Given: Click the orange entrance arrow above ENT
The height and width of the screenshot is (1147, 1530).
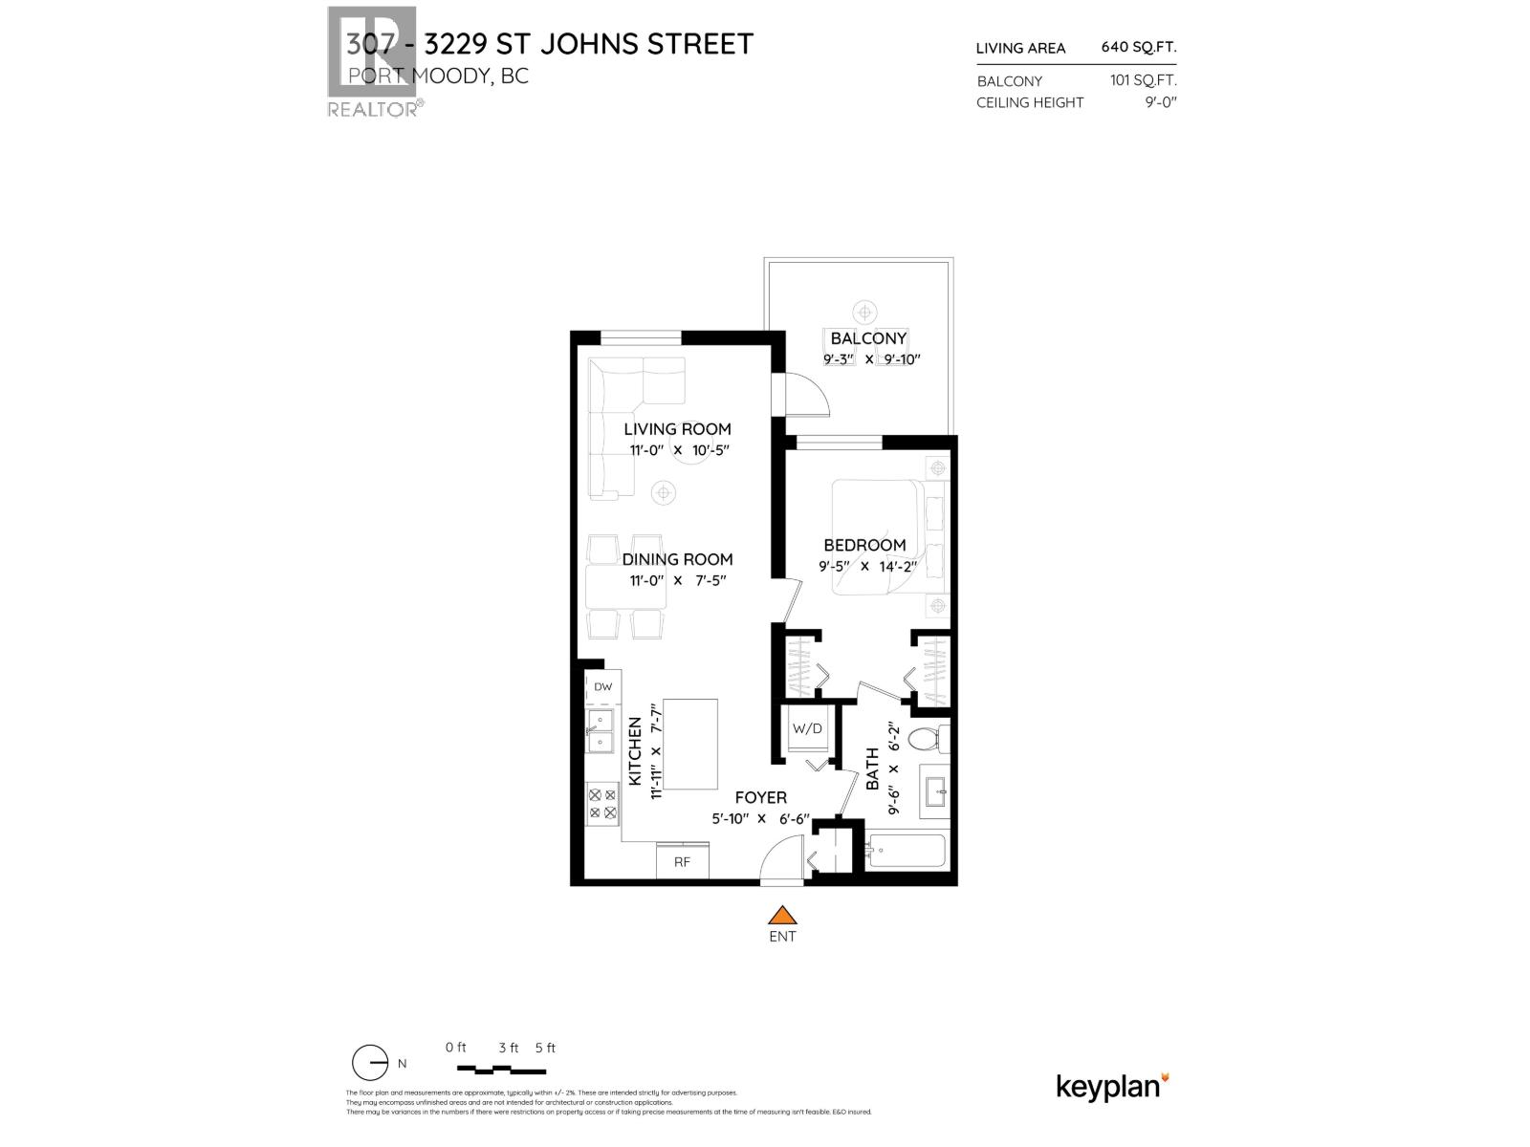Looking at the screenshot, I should click(782, 916).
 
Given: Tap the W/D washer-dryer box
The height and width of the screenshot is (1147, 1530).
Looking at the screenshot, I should click(806, 728).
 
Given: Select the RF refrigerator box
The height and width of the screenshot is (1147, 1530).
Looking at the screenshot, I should click(682, 861).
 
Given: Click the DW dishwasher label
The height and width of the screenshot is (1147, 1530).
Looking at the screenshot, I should click(602, 686).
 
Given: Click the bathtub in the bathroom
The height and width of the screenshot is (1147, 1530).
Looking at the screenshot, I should click(906, 850).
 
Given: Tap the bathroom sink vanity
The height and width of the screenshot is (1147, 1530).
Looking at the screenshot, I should click(934, 791).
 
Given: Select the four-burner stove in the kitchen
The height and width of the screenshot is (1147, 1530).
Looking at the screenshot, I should click(601, 803).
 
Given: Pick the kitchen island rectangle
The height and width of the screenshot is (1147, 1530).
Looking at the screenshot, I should click(690, 744).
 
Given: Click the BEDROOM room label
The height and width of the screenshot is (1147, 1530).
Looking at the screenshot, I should click(864, 545).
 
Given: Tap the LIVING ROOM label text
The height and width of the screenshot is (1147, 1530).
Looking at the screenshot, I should click(677, 429).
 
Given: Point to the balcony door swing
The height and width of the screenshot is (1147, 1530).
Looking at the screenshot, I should click(809, 394).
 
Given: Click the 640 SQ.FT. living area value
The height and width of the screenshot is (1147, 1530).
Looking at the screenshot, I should click(1138, 47).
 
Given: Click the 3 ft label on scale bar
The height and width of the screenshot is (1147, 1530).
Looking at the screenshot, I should click(508, 1048).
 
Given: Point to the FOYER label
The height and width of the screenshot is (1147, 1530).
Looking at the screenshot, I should click(760, 797).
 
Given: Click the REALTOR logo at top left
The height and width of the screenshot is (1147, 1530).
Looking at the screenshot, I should click(372, 62).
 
